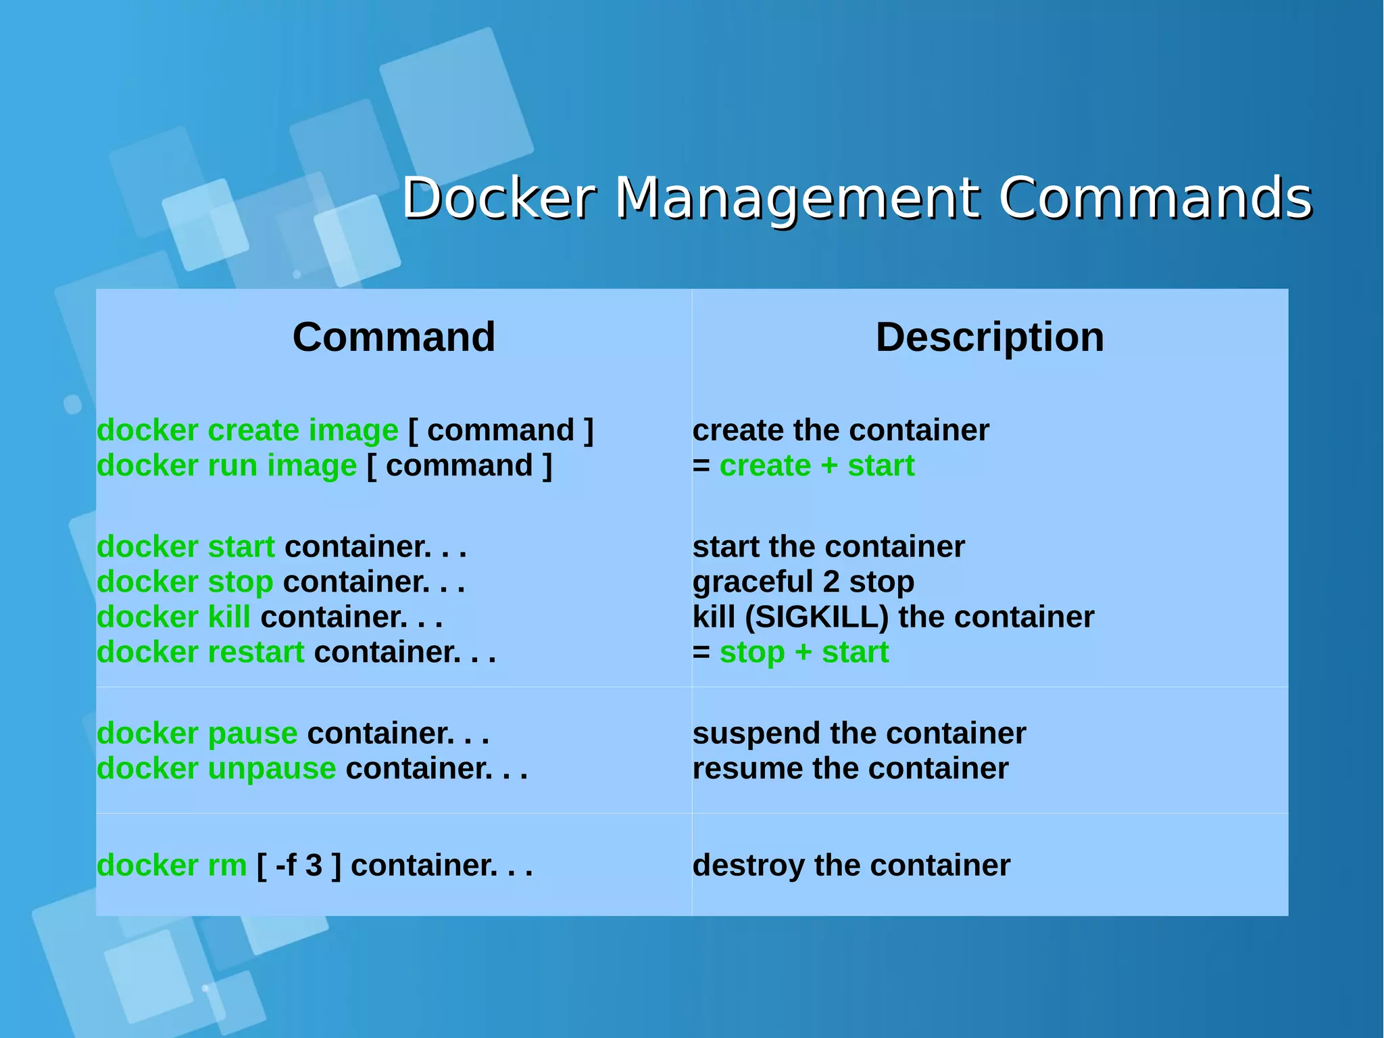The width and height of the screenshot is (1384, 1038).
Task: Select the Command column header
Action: (394, 337)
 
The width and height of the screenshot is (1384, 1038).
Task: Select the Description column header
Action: (989, 337)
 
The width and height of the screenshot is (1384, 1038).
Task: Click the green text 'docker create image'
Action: (247, 430)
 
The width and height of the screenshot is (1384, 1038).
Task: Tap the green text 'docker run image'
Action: (226, 465)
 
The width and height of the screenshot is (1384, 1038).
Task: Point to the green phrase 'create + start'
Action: (816, 465)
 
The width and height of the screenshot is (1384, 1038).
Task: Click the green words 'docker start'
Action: (185, 546)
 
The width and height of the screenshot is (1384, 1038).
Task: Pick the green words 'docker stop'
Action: (184, 582)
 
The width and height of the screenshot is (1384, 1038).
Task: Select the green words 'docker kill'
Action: (173, 617)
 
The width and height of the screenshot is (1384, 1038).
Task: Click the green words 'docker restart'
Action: (200, 652)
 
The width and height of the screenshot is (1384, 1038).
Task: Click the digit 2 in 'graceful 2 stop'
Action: (831, 582)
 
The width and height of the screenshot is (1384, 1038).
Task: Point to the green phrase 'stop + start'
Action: (804, 652)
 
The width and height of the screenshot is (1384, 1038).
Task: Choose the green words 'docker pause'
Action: (197, 733)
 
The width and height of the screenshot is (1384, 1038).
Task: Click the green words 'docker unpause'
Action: (216, 768)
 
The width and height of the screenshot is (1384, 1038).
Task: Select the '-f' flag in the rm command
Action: (285, 865)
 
